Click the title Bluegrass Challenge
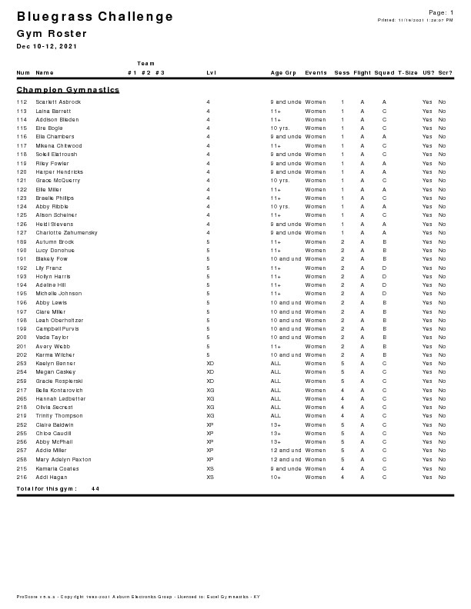(x=95, y=17)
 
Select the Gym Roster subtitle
(x=52, y=34)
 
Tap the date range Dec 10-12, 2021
(x=48, y=47)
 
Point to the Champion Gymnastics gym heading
(x=68, y=90)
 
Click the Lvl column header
(x=211, y=73)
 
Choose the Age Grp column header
(x=283, y=73)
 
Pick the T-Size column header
(x=407, y=73)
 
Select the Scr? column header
(x=445, y=73)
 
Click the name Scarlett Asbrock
(x=58, y=101)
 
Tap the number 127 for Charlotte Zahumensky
(x=22, y=232)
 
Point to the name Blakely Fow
(x=52, y=259)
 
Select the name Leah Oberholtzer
(x=59, y=320)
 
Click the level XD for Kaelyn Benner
(x=210, y=364)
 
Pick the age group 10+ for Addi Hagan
(x=276, y=478)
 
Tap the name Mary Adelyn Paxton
(x=63, y=460)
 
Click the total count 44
(x=95, y=489)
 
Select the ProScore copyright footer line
(x=139, y=597)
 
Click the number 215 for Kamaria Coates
(x=22, y=468)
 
